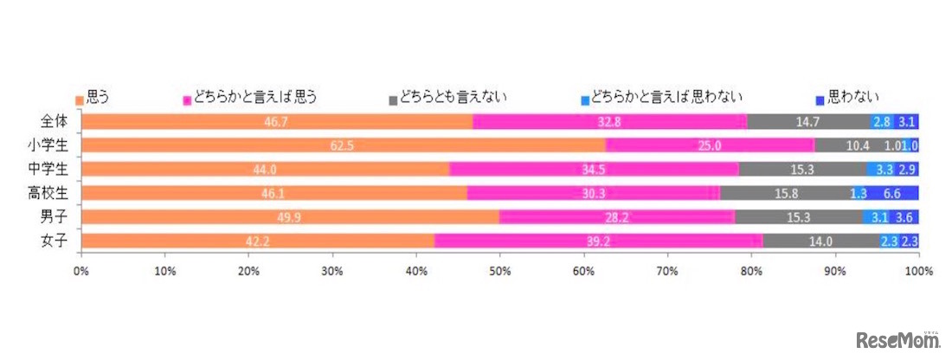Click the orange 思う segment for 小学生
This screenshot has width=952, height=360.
[343, 145]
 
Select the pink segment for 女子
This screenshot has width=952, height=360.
[598, 241]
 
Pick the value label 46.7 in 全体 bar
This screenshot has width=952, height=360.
[277, 122]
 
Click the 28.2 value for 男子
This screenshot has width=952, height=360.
[616, 217]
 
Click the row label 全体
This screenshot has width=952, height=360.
[54, 121]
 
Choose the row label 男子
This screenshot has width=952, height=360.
[54, 216]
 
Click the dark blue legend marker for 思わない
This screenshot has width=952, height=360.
[821, 98]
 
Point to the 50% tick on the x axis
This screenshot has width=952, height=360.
[499, 271]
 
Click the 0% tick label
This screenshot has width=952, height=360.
[81, 271]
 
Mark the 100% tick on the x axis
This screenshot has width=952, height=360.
[917, 271]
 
